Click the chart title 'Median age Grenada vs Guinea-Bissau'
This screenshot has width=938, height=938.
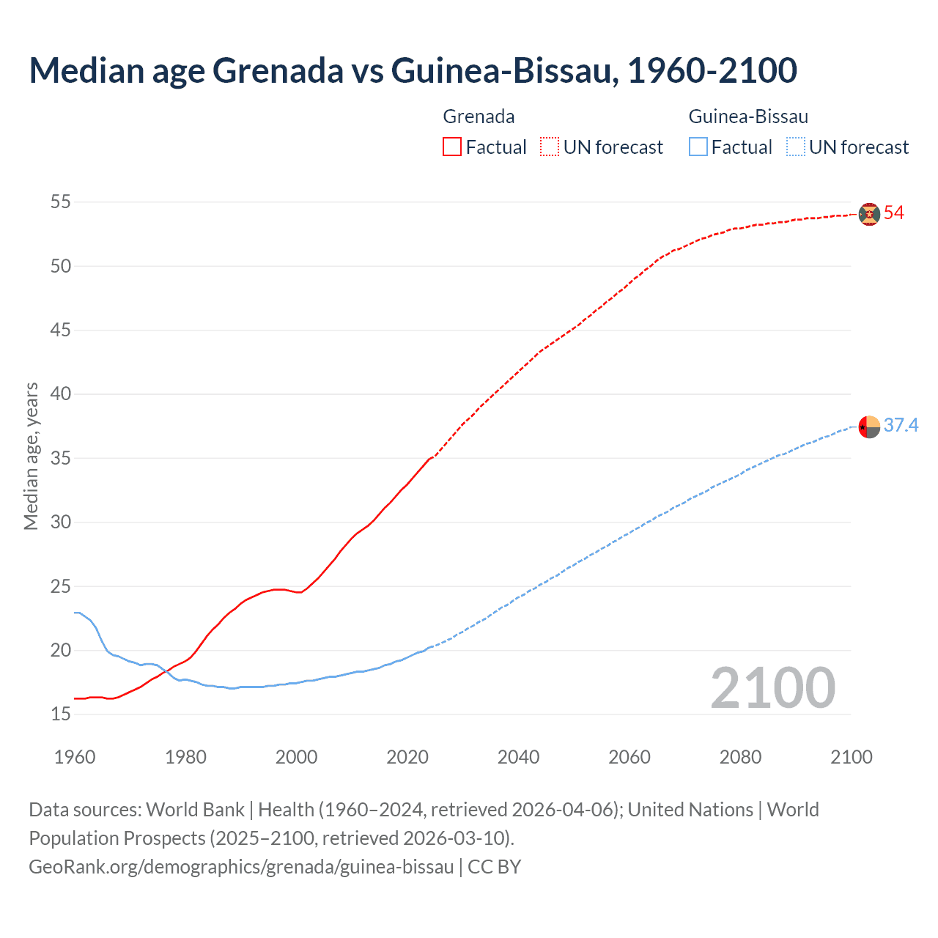point(413,70)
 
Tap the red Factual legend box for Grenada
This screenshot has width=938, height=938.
point(452,147)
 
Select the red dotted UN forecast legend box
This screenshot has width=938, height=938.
point(550,147)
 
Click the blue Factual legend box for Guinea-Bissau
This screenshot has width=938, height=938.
point(698,147)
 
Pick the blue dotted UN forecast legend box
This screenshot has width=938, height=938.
point(796,147)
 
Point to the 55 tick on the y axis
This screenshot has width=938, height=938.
point(61,202)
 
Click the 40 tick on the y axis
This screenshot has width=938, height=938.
point(61,394)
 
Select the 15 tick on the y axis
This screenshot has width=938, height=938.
point(61,714)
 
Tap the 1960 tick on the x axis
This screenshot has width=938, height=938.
point(75,757)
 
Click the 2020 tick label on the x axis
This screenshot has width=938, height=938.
point(407,757)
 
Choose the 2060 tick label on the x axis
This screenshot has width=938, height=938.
point(629,757)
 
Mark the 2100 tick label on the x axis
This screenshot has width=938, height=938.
point(852,757)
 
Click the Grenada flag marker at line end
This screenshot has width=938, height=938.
point(869,214)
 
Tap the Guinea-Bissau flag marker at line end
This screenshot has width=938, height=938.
point(869,426)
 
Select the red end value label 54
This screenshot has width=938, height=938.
point(894,213)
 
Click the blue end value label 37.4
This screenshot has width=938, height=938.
point(901,426)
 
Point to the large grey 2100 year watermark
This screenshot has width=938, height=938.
point(773,688)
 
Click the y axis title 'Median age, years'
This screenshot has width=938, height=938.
point(31,456)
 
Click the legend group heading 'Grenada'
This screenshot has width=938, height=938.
point(479,117)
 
